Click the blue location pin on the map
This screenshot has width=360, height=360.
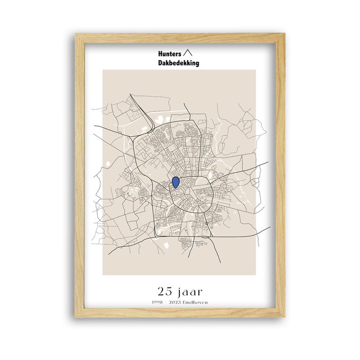point(175,182)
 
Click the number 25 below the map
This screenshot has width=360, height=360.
point(166,290)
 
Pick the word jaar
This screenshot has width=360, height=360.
point(190,290)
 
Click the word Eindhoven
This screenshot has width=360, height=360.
point(198,302)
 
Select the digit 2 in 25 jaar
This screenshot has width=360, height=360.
point(161,290)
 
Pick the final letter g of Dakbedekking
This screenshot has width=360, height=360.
point(197,64)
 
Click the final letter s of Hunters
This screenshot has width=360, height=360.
point(179,53)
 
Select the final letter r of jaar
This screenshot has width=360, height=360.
point(200,290)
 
